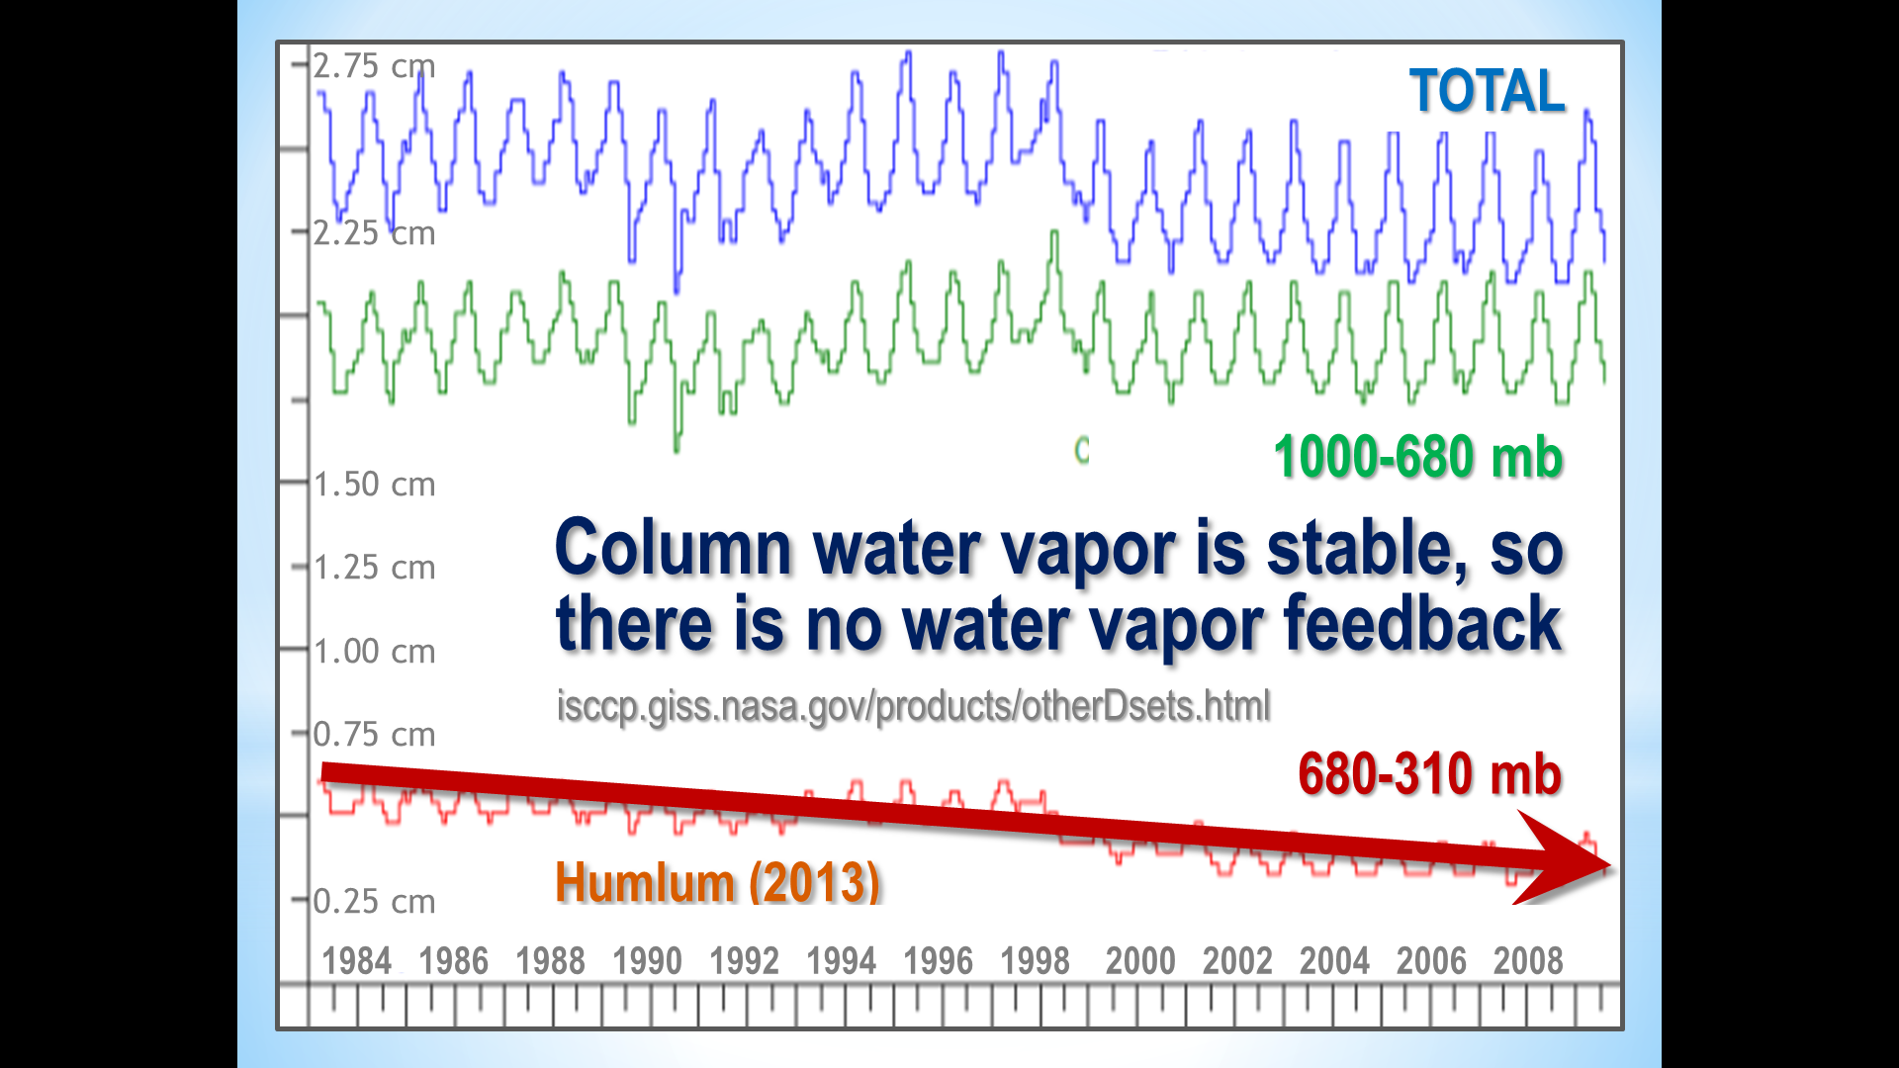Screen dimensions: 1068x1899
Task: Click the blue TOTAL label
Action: coord(1487,91)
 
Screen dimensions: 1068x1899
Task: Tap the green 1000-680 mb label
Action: coord(1417,458)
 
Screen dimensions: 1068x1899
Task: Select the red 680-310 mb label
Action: coord(1429,773)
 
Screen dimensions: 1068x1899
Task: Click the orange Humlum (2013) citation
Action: coord(717,882)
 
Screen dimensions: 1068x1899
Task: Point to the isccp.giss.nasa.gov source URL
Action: coord(913,706)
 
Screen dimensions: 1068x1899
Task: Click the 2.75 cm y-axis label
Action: coord(374,66)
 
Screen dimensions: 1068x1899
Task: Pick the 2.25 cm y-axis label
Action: coord(374,233)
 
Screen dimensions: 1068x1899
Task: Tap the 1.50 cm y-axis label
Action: coord(374,485)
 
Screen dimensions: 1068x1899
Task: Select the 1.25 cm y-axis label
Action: coord(374,568)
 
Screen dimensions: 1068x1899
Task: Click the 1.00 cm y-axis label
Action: coord(374,652)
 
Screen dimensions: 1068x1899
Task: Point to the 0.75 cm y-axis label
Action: coord(374,735)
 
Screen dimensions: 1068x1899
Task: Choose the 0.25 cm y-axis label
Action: coord(374,902)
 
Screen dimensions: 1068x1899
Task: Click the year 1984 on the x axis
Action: coord(357,961)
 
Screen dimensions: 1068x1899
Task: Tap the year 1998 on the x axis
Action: coord(1035,961)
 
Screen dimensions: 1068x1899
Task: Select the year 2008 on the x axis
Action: coord(1528,961)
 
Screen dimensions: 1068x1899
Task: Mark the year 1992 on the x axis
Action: coord(744,961)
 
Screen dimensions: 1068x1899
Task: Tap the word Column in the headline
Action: coord(674,548)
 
